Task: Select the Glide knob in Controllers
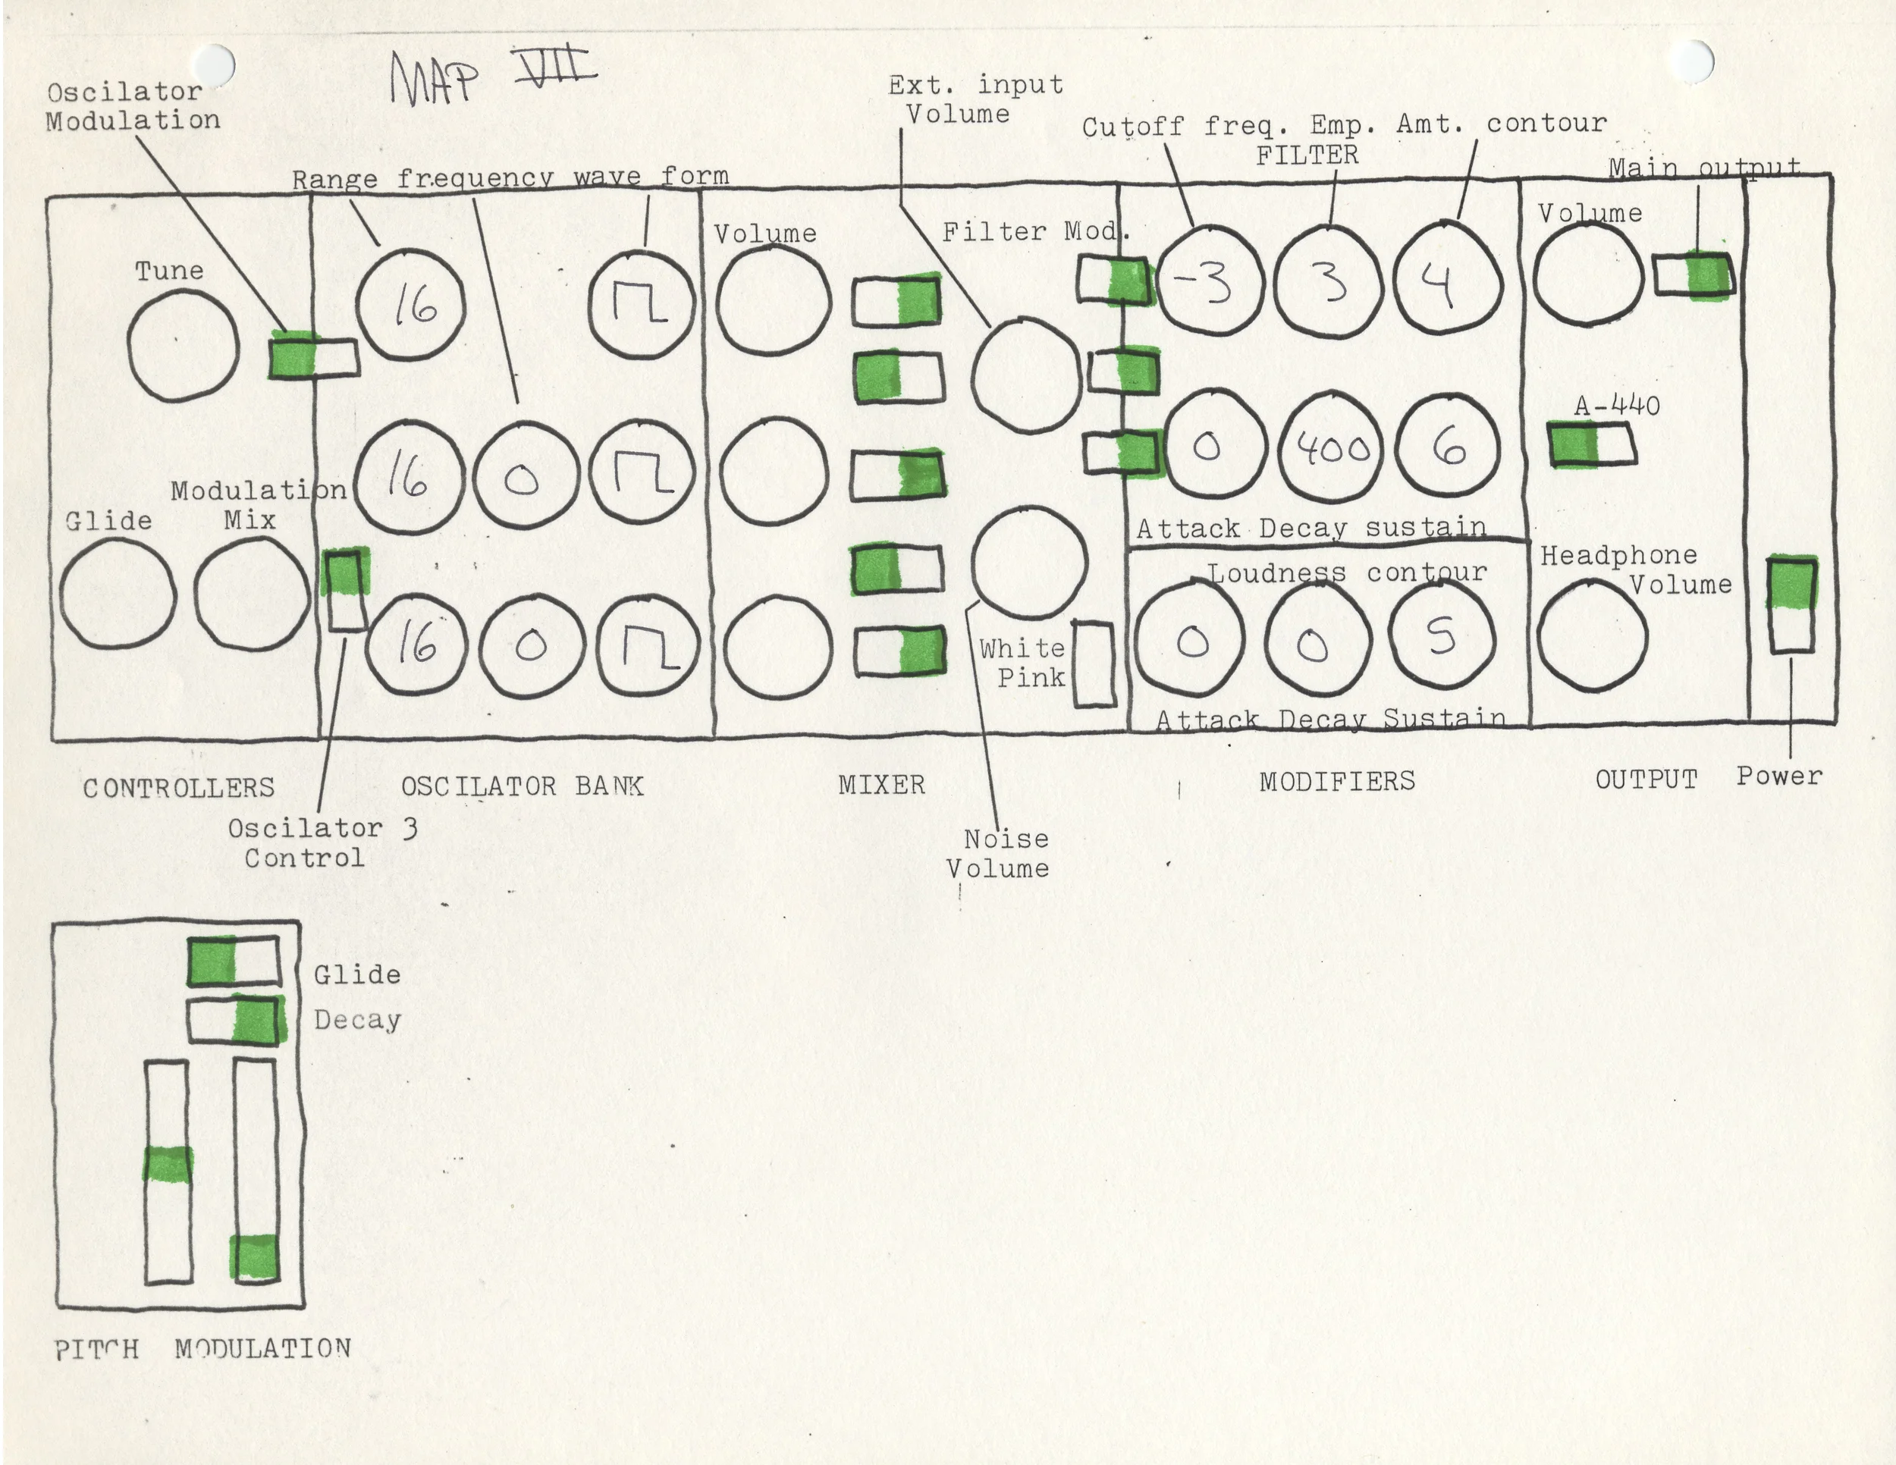pyautogui.click(x=118, y=594)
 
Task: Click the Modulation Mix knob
pyautogui.click(x=251, y=594)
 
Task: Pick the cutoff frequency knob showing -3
pyautogui.click(x=1208, y=280)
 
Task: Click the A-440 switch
pyautogui.click(x=1591, y=444)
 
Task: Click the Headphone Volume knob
pyautogui.click(x=1591, y=636)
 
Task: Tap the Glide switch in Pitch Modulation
pyautogui.click(x=234, y=961)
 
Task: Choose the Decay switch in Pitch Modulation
pyautogui.click(x=235, y=1020)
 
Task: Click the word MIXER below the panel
pyautogui.click(x=881, y=785)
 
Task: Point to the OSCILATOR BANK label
pyautogui.click(x=522, y=786)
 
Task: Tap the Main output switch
pyautogui.click(x=1694, y=275)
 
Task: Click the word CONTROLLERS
pyautogui.click(x=179, y=788)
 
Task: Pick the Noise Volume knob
pyautogui.click(x=1028, y=563)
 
